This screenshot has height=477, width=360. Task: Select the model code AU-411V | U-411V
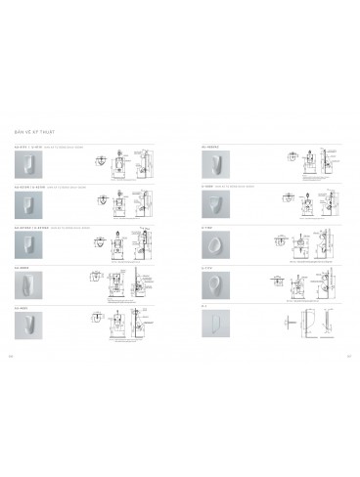coord(29,145)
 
